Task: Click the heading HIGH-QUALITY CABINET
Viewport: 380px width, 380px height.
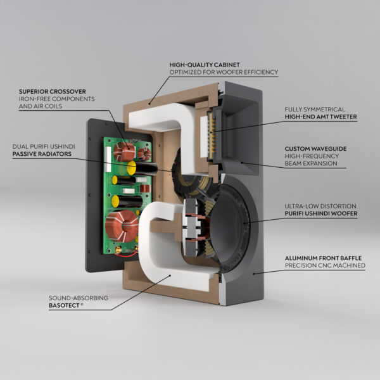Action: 205,65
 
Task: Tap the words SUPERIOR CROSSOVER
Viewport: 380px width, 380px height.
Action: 53,92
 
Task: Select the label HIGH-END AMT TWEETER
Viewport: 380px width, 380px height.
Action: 320,117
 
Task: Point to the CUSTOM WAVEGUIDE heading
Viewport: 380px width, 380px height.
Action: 315,149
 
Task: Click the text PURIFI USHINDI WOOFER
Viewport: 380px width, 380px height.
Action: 321,213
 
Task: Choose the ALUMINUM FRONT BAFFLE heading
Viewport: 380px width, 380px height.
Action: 323,258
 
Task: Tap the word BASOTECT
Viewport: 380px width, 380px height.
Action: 64,305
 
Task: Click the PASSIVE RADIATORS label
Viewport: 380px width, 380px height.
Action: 42,154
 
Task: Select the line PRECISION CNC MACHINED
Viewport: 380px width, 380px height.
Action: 325,265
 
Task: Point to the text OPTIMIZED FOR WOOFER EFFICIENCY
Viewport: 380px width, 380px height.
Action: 224,72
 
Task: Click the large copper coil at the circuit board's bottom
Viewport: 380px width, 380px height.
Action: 122,226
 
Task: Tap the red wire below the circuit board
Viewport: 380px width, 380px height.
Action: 126,255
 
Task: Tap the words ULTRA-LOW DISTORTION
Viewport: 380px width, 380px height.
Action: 320,206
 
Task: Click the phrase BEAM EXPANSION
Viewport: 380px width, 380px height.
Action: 311,163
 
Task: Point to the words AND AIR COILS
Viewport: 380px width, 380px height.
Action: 41,106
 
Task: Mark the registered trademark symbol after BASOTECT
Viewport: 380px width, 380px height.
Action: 82,304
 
